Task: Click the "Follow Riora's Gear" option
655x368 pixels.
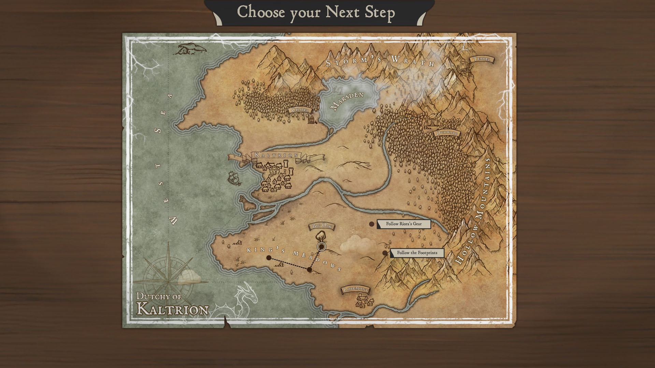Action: pos(404,224)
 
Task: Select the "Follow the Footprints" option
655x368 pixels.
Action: pos(417,253)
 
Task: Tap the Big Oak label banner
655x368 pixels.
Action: pos(321,226)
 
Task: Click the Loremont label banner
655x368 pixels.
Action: pos(355,290)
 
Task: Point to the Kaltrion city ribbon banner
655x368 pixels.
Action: pos(276,155)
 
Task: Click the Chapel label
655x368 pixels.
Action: pos(300,110)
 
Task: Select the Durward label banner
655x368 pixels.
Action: pos(447,133)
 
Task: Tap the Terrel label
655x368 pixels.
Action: pos(482,59)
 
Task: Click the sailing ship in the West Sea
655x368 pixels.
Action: pos(234,178)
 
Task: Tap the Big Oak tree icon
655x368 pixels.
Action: pos(320,236)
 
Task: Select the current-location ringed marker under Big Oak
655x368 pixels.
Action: pos(321,246)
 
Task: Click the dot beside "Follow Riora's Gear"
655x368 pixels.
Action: pos(372,224)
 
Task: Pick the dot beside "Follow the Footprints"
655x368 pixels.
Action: pos(385,253)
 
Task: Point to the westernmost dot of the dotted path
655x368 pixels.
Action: pos(269,258)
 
